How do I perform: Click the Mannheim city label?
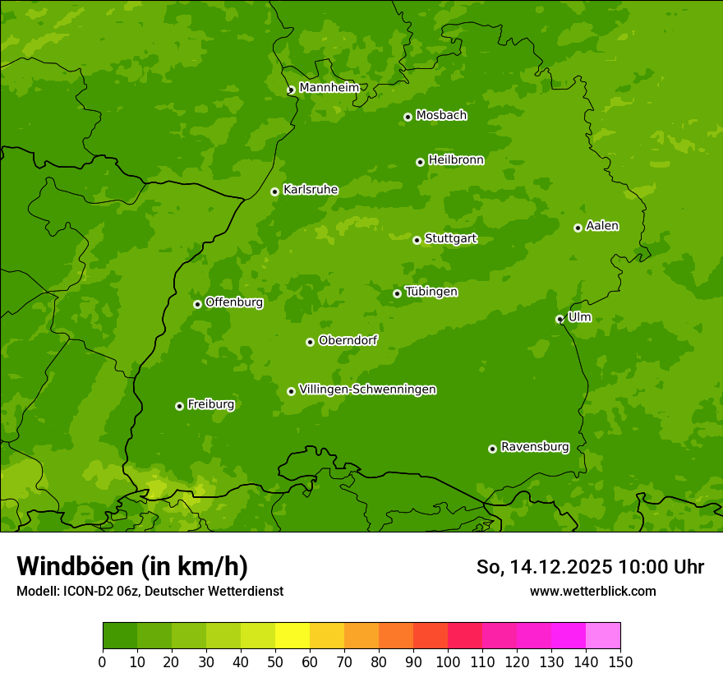tap(329, 87)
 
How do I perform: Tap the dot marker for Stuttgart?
tap(417, 240)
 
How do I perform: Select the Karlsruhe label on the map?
tap(311, 189)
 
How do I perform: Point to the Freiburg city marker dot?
tap(179, 406)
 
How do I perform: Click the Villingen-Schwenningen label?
tap(367, 389)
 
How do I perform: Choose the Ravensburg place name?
tap(534, 447)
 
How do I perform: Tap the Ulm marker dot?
tap(560, 319)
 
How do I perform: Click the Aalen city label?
tap(602, 225)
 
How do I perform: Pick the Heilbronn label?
tap(456, 159)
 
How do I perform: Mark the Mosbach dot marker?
tap(408, 117)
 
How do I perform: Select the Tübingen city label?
tap(431, 291)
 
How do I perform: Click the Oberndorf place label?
tap(348, 339)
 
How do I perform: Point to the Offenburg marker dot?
tap(197, 304)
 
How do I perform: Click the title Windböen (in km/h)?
tap(132, 566)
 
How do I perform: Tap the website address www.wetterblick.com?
tap(592, 591)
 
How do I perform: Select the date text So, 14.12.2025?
tap(545, 567)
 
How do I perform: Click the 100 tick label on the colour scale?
tap(448, 662)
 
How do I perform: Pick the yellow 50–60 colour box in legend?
tap(292, 636)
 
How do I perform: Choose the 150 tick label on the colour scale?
tap(620, 662)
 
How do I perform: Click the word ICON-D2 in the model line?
tap(89, 591)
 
